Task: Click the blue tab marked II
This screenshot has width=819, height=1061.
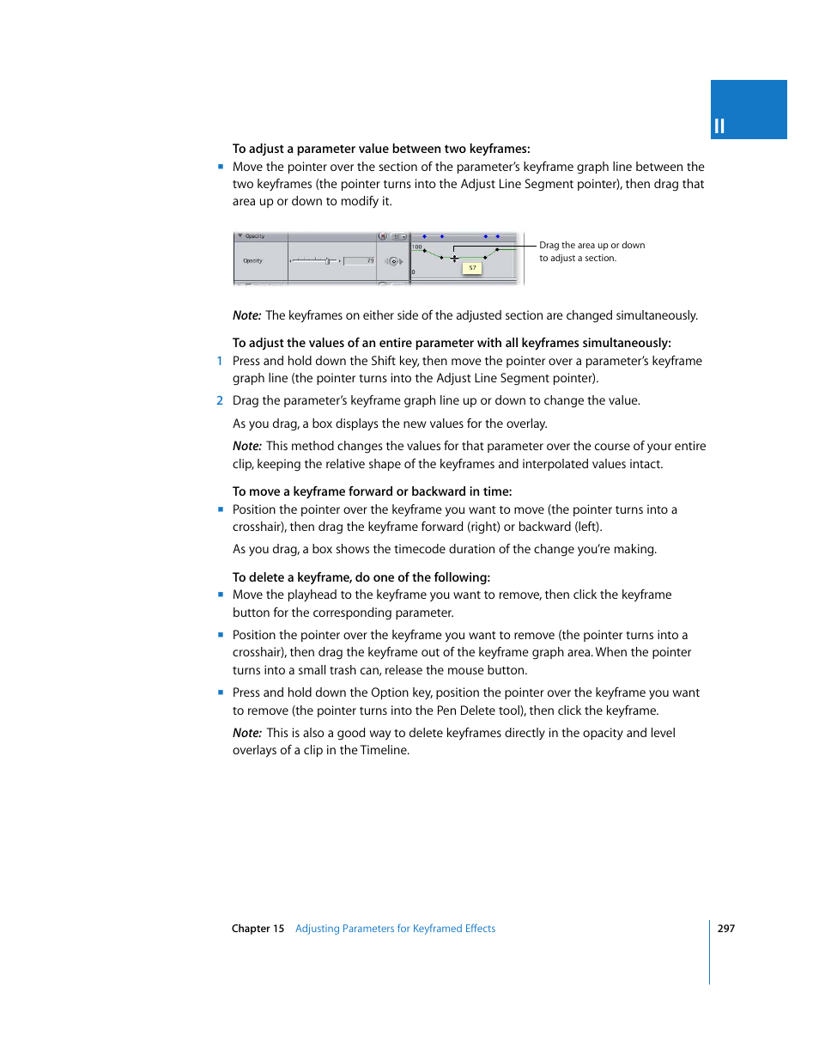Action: tap(748, 110)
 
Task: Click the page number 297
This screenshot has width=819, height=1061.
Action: tap(725, 929)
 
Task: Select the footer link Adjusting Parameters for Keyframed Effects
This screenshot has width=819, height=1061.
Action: tap(395, 929)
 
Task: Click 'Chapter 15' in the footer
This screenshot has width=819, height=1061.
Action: tap(258, 929)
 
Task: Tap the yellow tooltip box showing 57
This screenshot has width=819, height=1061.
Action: tap(472, 268)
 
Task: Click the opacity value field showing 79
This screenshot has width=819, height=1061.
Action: tap(360, 261)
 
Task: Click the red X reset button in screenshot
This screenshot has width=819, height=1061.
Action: tap(383, 236)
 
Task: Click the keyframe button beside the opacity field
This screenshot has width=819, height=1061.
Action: tap(394, 261)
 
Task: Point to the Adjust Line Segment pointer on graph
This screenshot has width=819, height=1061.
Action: tap(454, 259)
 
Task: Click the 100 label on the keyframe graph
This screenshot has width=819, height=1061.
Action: tap(417, 247)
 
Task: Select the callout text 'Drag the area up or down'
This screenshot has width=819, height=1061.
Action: tap(591, 246)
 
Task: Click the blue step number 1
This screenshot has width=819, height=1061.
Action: tap(220, 362)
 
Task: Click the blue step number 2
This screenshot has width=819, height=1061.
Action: tap(220, 401)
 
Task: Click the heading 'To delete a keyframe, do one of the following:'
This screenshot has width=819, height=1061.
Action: tap(361, 577)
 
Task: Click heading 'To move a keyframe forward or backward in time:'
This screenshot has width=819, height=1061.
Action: tap(372, 491)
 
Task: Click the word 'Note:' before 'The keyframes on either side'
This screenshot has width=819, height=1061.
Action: tap(246, 316)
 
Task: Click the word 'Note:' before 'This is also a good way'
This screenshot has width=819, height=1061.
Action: tap(246, 734)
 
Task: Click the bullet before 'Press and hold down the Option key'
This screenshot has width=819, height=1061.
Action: tap(221, 692)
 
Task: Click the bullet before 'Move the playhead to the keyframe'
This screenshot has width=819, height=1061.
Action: tap(221, 595)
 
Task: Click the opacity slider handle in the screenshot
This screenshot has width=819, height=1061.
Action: tap(328, 261)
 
